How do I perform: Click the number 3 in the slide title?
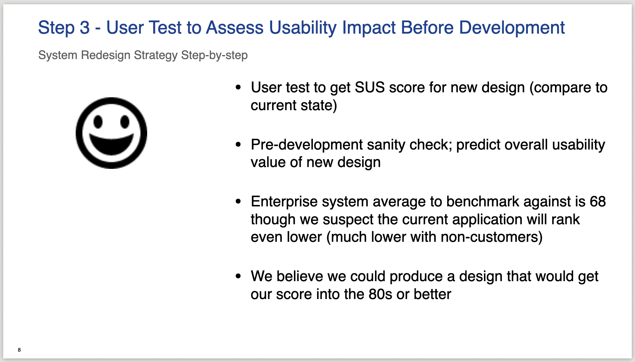pos(85,28)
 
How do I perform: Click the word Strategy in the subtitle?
pos(156,55)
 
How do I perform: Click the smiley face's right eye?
pos(125,122)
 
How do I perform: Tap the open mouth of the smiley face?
pos(111,143)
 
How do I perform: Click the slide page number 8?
pos(19,350)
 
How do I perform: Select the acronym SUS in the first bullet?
pos(370,88)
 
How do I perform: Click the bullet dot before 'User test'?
pos(239,87)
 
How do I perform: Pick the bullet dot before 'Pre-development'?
pos(239,145)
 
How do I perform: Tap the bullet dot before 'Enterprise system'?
pos(239,201)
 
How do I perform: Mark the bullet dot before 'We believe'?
pos(239,276)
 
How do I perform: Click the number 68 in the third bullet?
pos(598,201)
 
